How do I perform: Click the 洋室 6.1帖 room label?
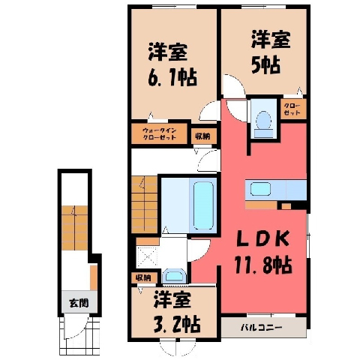point(172,64)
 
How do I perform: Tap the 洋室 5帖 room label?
point(271,52)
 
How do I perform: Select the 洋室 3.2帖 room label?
point(176,311)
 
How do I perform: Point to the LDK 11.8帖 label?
point(263,253)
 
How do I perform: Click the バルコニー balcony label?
point(262,327)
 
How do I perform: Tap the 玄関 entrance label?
point(79,303)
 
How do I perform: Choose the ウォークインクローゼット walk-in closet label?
point(160,134)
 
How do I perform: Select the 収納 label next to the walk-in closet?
point(202,136)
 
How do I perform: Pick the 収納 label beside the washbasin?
point(143,277)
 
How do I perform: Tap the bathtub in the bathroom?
point(204,205)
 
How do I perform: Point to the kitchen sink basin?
point(260,189)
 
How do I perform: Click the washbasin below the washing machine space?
point(174,276)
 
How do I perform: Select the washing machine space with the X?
point(147,256)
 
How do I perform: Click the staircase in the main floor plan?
point(145,205)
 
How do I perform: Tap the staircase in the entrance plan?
point(75,228)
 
